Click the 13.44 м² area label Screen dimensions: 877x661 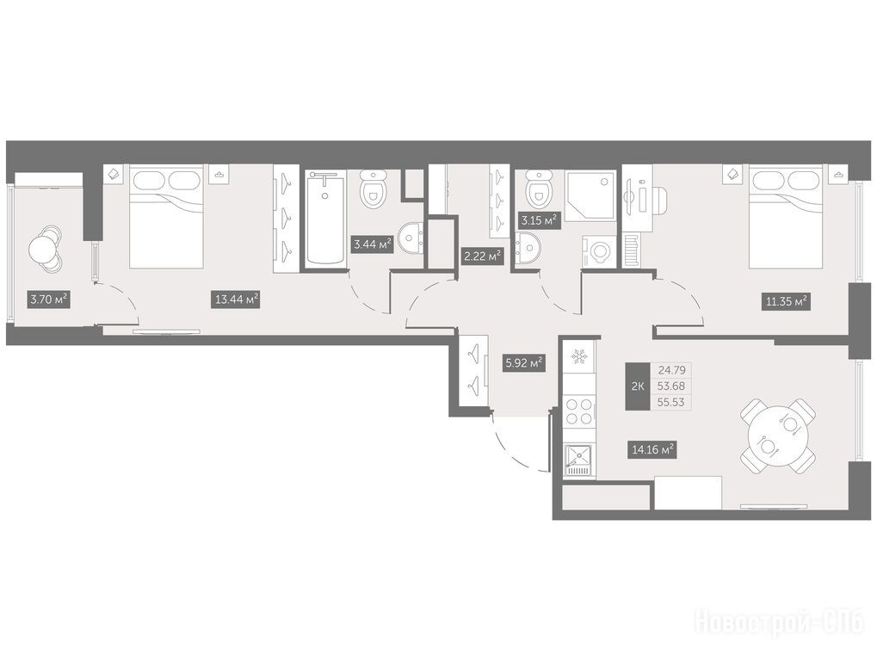coord(237,300)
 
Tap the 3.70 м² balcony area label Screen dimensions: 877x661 coord(49,300)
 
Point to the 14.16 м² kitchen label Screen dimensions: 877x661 coord(652,448)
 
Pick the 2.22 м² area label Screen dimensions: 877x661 coord(482,256)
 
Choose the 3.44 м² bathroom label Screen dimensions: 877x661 coord(372,244)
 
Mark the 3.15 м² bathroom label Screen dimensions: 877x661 coord(539,219)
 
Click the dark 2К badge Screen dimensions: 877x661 coord(638,386)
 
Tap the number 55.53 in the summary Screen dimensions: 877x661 coord(671,402)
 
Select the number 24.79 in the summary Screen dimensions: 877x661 coord(671,369)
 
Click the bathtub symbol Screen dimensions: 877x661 coord(325,218)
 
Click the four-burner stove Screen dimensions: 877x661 coord(579,411)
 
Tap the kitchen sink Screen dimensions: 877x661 coord(579,460)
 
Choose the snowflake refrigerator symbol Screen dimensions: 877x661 coord(579,356)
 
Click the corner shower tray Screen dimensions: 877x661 coord(590,196)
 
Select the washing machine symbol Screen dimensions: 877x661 coord(600,251)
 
